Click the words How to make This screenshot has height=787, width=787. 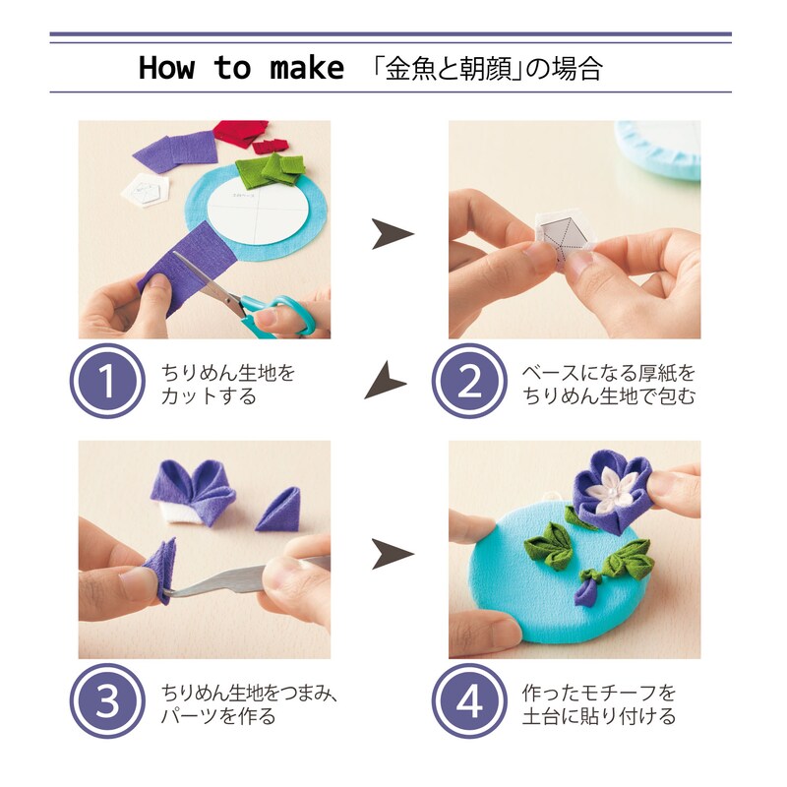[241, 68]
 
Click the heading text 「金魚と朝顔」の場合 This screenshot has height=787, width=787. [487, 68]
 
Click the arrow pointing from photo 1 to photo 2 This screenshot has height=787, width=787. [392, 234]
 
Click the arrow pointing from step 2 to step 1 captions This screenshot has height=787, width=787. [386, 380]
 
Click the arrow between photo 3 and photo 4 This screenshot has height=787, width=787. [392, 554]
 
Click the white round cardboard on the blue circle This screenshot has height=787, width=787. [258, 210]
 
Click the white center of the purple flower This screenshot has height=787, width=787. [602, 484]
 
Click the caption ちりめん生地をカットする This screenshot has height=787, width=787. [227, 385]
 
